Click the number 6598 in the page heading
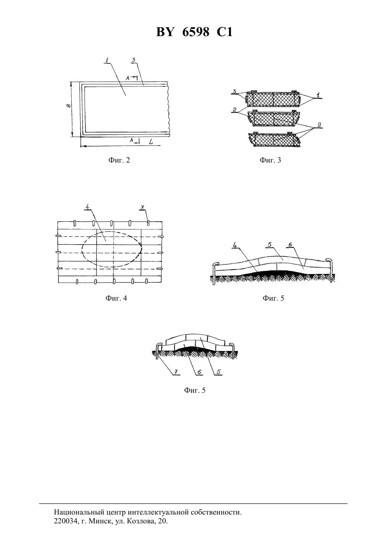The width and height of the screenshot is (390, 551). coord(196,32)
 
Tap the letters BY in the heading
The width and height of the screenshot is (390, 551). coord(165,32)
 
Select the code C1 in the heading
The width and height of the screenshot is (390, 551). coord(224,32)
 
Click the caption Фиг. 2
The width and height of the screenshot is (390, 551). coord(119,160)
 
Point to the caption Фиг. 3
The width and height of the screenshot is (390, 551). coord(270,160)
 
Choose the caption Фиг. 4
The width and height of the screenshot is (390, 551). coord(116,298)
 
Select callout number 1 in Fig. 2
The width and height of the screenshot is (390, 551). coord(107,60)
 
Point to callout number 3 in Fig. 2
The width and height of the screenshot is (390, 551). coord(133,59)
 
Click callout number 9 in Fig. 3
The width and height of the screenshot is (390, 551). coord(319,125)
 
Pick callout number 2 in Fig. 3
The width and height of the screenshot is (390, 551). coord(234,109)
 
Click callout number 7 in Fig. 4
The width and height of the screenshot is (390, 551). coord(142,207)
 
